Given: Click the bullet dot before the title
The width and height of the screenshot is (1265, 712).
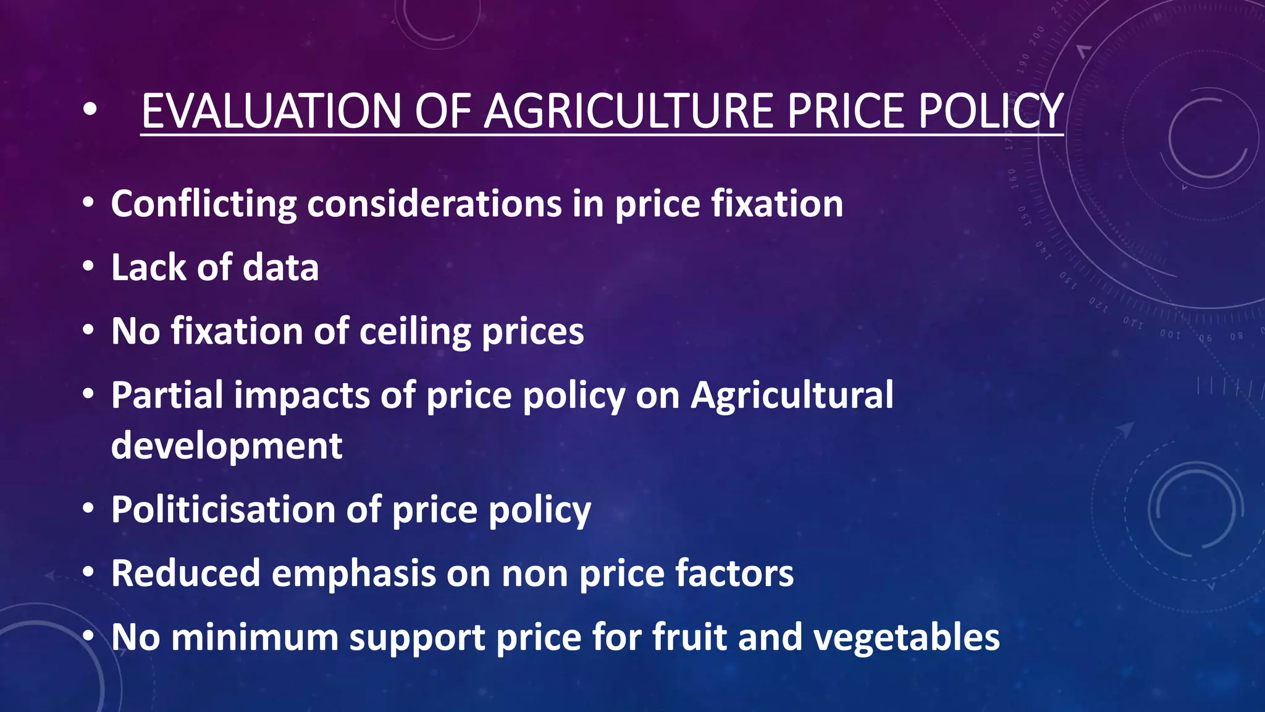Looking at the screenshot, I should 90,109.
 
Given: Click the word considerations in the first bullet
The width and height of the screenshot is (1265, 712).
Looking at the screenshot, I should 434,204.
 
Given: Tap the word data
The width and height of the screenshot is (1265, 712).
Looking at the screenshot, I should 280,268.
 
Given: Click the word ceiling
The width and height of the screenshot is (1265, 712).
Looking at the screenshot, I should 415,332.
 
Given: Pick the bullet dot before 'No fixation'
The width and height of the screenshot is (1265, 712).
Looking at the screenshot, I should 89,330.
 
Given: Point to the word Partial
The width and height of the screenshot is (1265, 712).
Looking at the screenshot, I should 167,395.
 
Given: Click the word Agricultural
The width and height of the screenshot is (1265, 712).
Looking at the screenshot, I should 792,395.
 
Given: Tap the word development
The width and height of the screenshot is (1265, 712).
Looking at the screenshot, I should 227,446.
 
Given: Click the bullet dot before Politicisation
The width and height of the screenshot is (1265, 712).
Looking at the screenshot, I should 89,509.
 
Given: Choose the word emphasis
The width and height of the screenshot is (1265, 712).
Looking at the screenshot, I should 354,574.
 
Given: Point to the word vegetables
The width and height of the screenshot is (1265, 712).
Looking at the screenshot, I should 906,637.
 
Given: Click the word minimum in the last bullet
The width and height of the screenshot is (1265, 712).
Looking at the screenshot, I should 254,637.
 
